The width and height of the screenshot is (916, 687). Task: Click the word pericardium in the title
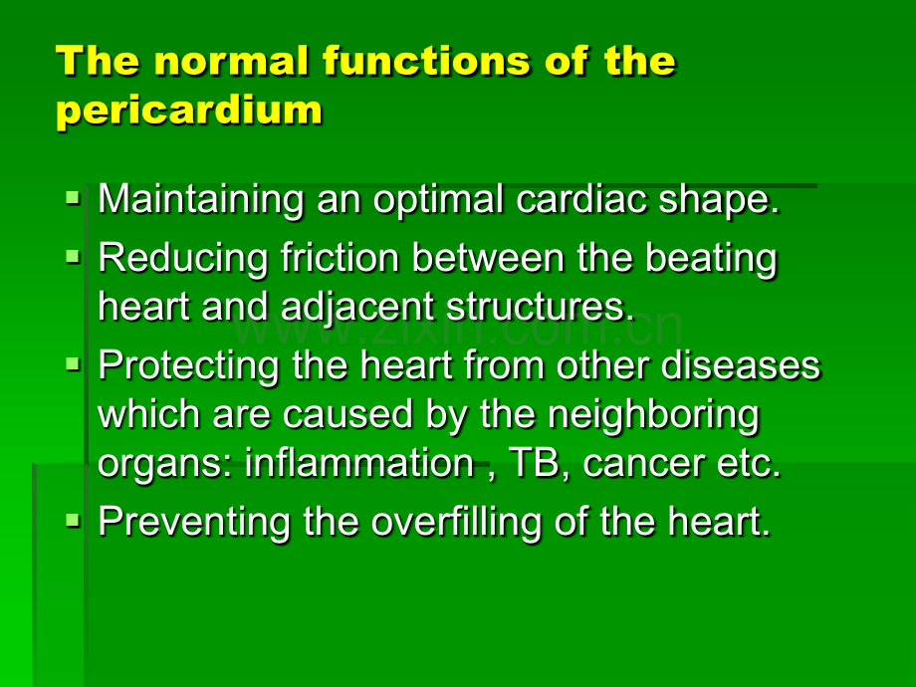[x=189, y=111]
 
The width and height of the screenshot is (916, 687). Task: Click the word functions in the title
[x=426, y=61]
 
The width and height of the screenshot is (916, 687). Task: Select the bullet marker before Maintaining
[x=73, y=197]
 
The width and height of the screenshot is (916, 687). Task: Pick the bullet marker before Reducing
[x=73, y=257]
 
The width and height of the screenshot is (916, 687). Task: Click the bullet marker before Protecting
[x=73, y=364]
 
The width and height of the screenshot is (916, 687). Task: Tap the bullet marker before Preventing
[x=73, y=520]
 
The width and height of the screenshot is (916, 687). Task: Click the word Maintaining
[x=201, y=200]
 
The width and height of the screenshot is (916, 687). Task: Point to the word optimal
[x=438, y=200]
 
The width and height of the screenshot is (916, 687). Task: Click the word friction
[x=340, y=257]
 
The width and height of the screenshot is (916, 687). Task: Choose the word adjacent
[x=357, y=308]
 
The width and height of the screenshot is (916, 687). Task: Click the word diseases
[x=741, y=365]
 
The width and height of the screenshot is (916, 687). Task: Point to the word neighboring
[x=654, y=416]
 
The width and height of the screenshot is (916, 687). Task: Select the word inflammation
[x=359, y=463]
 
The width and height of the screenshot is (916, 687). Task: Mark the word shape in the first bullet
[x=719, y=200]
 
